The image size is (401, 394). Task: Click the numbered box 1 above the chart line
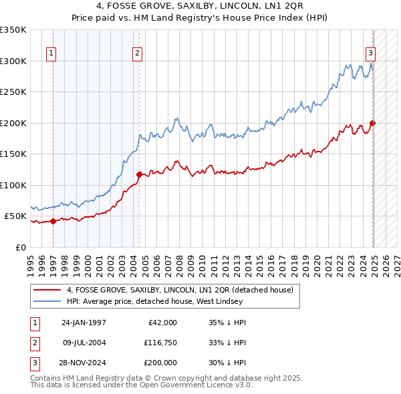[x=51, y=54]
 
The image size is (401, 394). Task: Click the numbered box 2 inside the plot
[x=137, y=54]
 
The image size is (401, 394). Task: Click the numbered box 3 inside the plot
[x=370, y=54]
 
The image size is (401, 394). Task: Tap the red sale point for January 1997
[x=53, y=222]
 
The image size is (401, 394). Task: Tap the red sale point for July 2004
[x=139, y=175]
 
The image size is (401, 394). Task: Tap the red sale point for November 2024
[x=372, y=124]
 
